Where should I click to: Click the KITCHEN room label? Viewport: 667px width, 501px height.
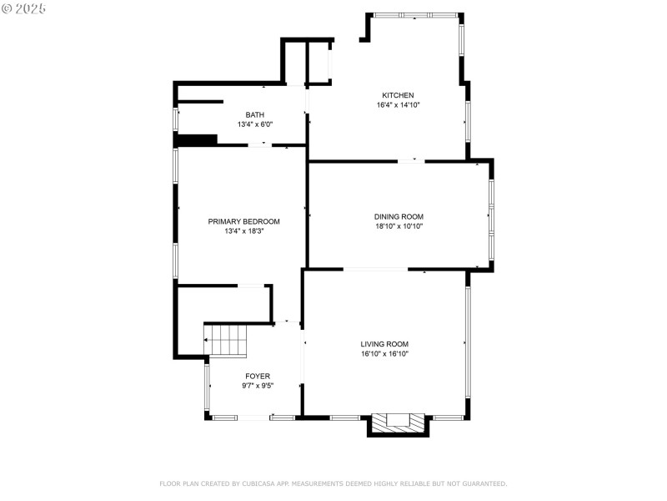pyautogui.click(x=398, y=95)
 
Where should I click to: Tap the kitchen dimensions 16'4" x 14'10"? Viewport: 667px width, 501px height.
pyautogui.click(x=398, y=105)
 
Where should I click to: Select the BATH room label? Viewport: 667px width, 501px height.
pyautogui.click(x=255, y=114)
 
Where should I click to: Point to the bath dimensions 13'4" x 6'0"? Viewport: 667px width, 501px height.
pyautogui.click(x=255, y=124)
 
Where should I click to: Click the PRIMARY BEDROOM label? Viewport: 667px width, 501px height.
pyautogui.click(x=243, y=221)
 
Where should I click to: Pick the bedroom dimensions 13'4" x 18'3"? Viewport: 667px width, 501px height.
pyautogui.click(x=243, y=231)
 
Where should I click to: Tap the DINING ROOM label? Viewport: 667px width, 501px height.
pyautogui.click(x=399, y=216)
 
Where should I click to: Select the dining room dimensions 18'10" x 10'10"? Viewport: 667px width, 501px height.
pyautogui.click(x=399, y=226)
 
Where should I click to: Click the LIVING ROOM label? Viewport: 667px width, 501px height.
pyautogui.click(x=384, y=344)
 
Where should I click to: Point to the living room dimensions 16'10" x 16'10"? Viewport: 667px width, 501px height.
pyautogui.click(x=384, y=354)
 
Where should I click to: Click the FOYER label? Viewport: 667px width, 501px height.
pyautogui.click(x=258, y=376)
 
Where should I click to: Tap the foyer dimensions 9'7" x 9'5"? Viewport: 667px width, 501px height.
pyautogui.click(x=258, y=386)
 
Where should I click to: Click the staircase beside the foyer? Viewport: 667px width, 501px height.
pyautogui.click(x=228, y=341)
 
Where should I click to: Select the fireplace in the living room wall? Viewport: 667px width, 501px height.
pyautogui.click(x=399, y=423)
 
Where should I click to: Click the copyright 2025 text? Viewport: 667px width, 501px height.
pyautogui.click(x=24, y=8)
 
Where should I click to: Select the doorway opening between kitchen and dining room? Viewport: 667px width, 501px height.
pyautogui.click(x=410, y=160)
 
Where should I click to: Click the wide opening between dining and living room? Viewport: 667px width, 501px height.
pyautogui.click(x=375, y=269)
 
